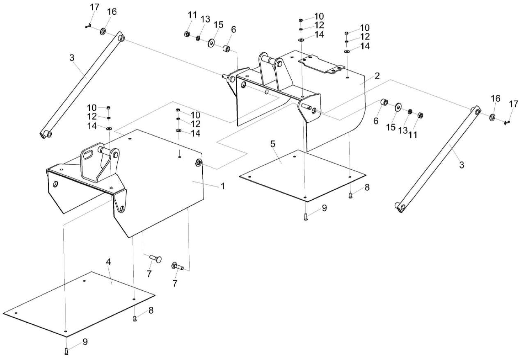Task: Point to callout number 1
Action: pyautogui.click(x=222, y=186)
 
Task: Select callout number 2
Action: pyautogui.click(x=377, y=76)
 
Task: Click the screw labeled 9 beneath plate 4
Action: pyautogui.click(x=66, y=351)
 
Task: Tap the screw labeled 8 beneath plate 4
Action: pyautogui.click(x=135, y=319)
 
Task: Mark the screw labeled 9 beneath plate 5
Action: pyautogui.click(x=306, y=217)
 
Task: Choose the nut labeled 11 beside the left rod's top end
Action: pyautogui.click(x=186, y=34)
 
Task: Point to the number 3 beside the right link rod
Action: pyautogui.click(x=462, y=165)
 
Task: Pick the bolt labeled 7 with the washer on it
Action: pyautogui.click(x=178, y=267)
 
